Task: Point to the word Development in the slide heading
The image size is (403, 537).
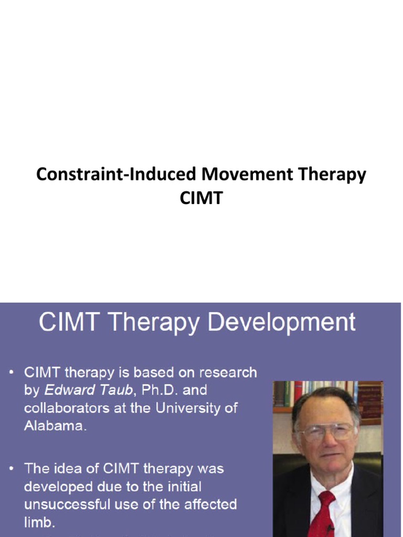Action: [282, 322]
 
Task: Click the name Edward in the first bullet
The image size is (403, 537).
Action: [66, 390]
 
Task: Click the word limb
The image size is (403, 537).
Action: [38, 522]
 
